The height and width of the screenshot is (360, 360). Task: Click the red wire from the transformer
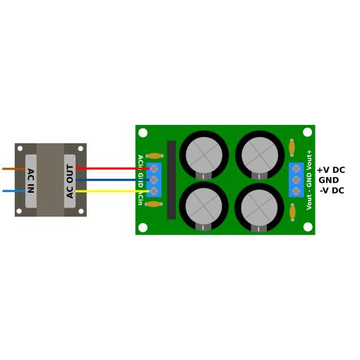[112, 169]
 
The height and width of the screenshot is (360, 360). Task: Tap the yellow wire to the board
[112, 191]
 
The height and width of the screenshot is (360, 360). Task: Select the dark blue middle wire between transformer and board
[112, 180]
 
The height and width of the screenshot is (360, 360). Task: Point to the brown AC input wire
[13, 169]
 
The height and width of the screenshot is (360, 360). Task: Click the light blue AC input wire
[14, 191]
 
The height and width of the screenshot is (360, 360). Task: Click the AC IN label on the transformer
[31, 181]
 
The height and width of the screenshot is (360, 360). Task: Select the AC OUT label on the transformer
[70, 181]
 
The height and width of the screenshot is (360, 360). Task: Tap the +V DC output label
[331, 170]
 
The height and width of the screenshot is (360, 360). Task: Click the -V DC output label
[332, 191]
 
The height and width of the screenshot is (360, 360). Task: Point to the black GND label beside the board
[329, 180]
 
